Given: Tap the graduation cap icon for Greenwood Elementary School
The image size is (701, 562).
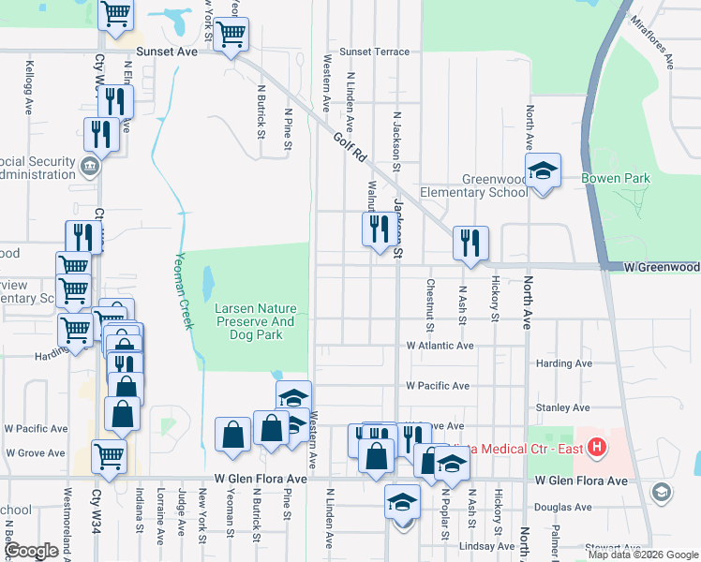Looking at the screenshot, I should click(x=542, y=171).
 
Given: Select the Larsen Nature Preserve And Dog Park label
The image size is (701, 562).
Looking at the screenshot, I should click(x=256, y=321).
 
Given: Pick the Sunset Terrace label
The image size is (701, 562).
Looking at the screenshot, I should click(x=374, y=52).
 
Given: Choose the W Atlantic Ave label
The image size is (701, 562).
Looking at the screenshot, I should click(x=440, y=346).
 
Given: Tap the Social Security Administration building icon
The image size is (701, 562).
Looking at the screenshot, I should click(x=90, y=167).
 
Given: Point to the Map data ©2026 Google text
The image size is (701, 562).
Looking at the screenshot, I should click(x=642, y=555).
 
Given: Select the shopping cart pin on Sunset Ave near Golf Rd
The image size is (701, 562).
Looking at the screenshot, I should click(x=231, y=36).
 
